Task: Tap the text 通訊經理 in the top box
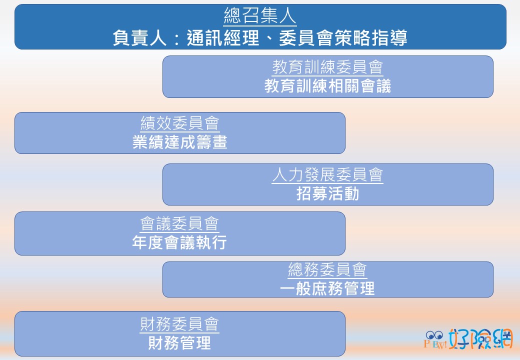223,37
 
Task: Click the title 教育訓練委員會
327,67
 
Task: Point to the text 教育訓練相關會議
327,86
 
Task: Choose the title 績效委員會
179,123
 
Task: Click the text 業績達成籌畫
179,142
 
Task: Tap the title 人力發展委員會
327,174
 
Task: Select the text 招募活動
327,193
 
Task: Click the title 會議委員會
179,223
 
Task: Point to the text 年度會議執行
179,242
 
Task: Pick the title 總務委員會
327,269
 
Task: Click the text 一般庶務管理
327,288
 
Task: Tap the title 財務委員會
179,324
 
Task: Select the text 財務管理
179,343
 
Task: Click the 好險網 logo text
480,339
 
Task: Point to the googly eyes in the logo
434,335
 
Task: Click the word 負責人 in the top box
139,37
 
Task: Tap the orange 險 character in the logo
480,339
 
